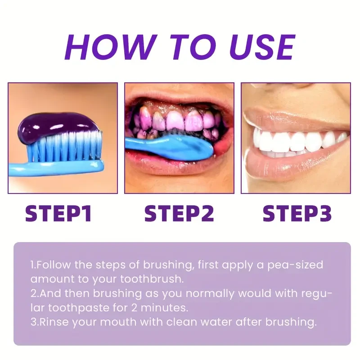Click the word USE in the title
pos(256,46)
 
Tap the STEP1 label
pos(58,213)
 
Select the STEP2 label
pos(179,213)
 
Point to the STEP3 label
pos(297,213)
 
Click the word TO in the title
pos(181,46)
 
